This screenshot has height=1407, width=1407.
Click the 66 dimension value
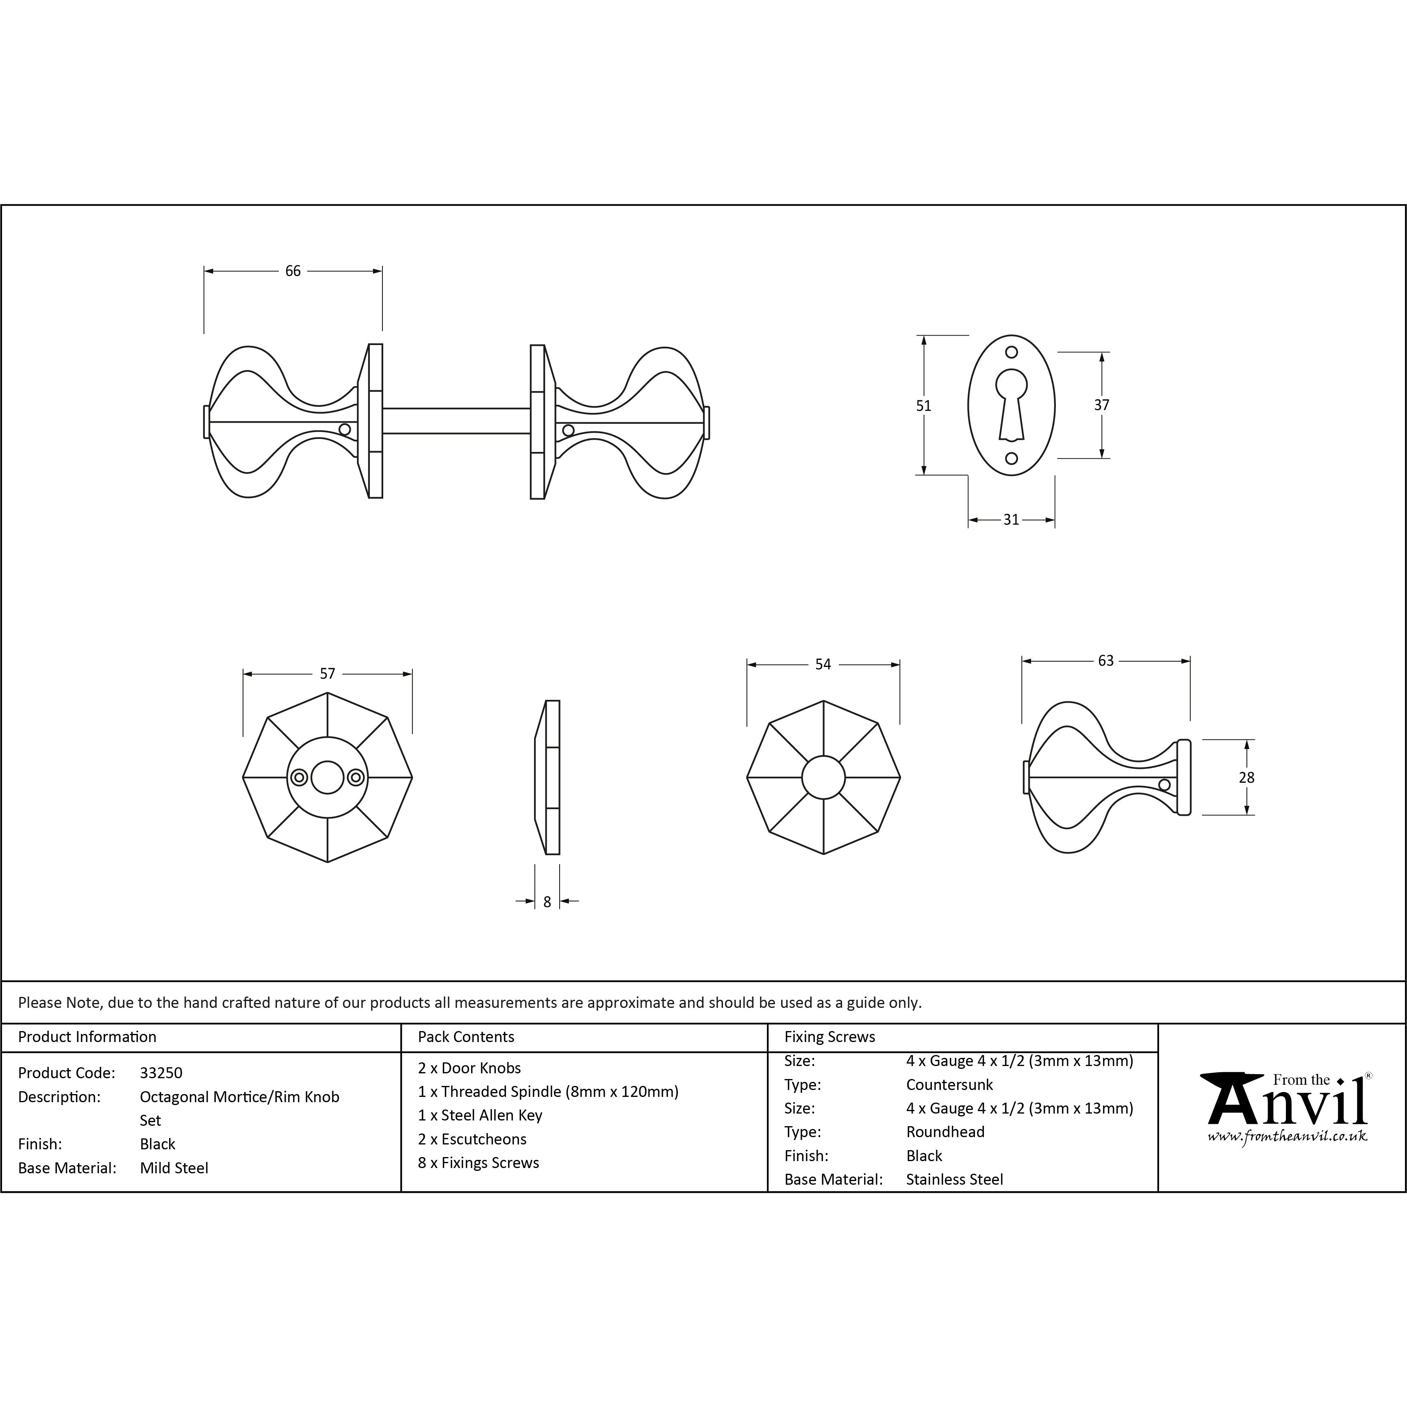tap(293, 271)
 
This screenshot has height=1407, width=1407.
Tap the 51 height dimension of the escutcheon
tap(923, 406)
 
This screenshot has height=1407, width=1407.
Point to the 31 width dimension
tap(1011, 519)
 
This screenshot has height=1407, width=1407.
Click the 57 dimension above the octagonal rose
tap(328, 674)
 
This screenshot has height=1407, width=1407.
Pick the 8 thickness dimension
tap(547, 901)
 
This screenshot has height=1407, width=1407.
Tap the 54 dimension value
tap(823, 664)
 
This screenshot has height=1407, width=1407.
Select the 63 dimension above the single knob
tap(1105, 660)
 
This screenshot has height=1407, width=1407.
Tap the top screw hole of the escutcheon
tap(1012, 352)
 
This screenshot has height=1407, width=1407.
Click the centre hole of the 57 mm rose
tap(327, 778)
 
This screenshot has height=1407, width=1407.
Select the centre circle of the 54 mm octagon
tap(824, 778)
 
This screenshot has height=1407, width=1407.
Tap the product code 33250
tap(161, 1073)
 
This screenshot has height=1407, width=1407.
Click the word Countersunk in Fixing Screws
tap(950, 1084)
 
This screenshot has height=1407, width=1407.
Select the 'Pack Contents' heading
tap(466, 1036)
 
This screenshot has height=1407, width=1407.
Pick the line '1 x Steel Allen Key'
tap(480, 1115)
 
